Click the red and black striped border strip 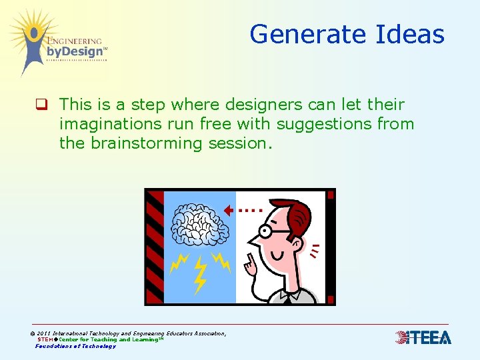(155, 247)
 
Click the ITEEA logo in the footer (423, 338)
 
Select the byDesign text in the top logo (75, 51)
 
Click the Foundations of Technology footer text (75, 346)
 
